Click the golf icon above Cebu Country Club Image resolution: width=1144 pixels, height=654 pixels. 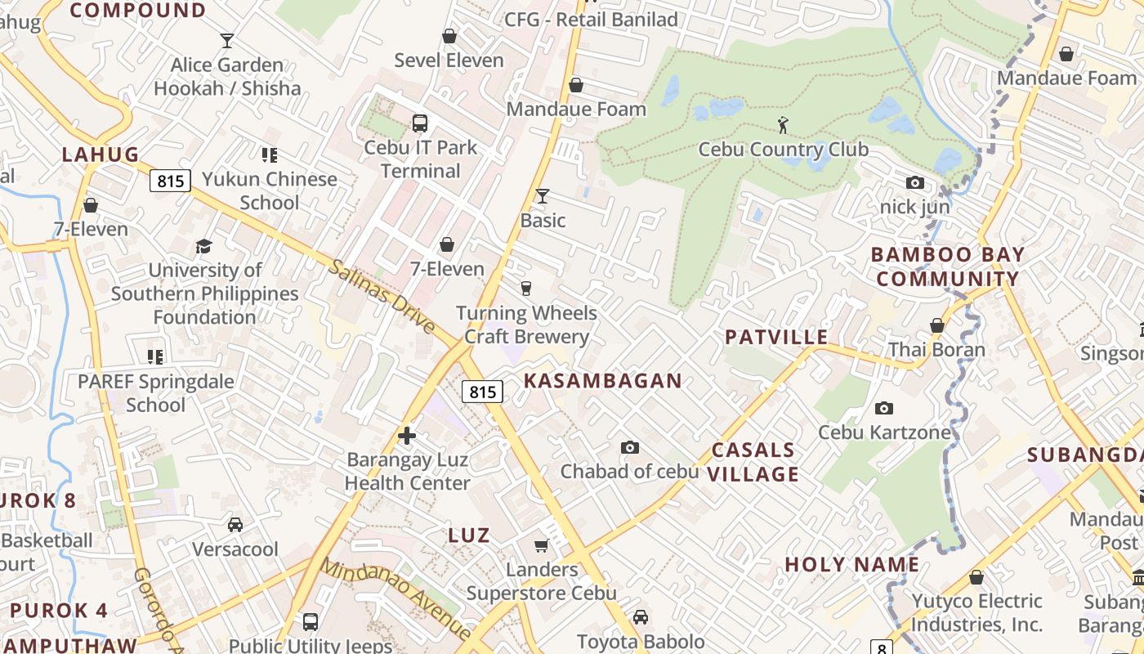784,125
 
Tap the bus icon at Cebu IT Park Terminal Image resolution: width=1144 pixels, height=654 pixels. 420,123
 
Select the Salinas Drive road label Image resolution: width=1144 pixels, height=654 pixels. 382,295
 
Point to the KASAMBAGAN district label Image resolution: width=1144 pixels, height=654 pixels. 602,380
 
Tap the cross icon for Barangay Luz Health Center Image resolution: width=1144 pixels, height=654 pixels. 407,436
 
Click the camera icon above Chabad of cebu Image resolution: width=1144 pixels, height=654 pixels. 629,447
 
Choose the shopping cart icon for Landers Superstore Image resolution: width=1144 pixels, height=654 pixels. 541,545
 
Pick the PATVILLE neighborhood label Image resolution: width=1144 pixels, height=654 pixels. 776,337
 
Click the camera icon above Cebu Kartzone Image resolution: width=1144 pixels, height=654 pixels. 883,408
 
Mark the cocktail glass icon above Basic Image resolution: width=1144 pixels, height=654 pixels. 542,196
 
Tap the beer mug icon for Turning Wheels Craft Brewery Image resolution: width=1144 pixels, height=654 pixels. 526,288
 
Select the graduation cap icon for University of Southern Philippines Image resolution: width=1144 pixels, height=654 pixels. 204,246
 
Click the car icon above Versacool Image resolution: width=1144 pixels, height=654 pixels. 235,525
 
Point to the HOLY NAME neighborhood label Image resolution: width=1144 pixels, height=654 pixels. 852,564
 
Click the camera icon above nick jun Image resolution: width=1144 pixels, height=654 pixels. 915,183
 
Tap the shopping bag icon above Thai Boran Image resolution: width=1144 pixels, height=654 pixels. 937,325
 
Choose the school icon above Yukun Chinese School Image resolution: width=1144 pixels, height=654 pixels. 270,155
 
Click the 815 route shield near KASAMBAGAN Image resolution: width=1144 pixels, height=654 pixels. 482,392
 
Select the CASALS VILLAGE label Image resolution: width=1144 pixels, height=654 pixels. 753,462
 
